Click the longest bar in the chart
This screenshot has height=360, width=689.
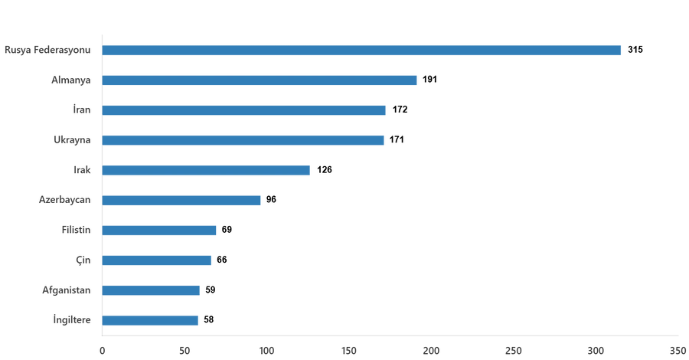(362, 51)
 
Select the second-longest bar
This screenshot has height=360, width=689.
(260, 80)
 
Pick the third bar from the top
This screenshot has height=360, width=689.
(244, 110)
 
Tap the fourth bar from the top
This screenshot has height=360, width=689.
(243, 140)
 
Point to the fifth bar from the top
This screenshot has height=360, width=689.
(207, 170)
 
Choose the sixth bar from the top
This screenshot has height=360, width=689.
(182, 200)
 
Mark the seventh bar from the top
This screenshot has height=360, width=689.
(160, 230)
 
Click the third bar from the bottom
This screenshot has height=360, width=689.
(158, 260)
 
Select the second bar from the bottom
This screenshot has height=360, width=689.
(152, 290)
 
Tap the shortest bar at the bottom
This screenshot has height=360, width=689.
(151, 320)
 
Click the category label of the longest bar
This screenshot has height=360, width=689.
(48, 51)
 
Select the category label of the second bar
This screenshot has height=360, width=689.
(71, 80)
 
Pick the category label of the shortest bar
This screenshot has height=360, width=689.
(73, 320)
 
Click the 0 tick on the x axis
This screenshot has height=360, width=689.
(102, 350)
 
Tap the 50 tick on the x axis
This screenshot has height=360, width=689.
(184, 350)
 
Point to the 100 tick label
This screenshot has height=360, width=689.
(267, 350)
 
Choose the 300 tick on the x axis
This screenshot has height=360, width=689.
(597, 350)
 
